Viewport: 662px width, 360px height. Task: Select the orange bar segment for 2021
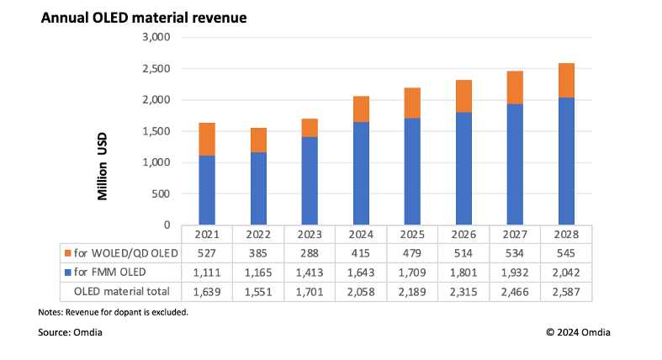pos(207,139)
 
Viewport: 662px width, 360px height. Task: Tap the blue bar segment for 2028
pos(566,161)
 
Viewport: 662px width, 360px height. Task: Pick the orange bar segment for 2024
pos(361,109)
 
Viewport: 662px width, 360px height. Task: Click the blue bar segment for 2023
pos(310,181)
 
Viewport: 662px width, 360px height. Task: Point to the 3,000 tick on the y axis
pos(157,38)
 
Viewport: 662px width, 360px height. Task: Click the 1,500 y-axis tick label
pos(157,131)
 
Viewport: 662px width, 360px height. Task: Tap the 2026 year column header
pos(463,234)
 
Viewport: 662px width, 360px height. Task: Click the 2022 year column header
pos(258,234)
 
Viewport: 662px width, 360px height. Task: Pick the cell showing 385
pos(258,253)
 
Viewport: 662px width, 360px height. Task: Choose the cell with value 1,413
pos(310,273)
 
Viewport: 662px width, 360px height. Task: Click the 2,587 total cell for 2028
pos(566,291)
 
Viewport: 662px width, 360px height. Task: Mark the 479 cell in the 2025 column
pos(412,253)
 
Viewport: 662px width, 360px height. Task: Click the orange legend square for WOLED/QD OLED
pos(67,253)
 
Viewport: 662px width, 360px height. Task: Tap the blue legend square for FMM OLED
pos(67,273)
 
